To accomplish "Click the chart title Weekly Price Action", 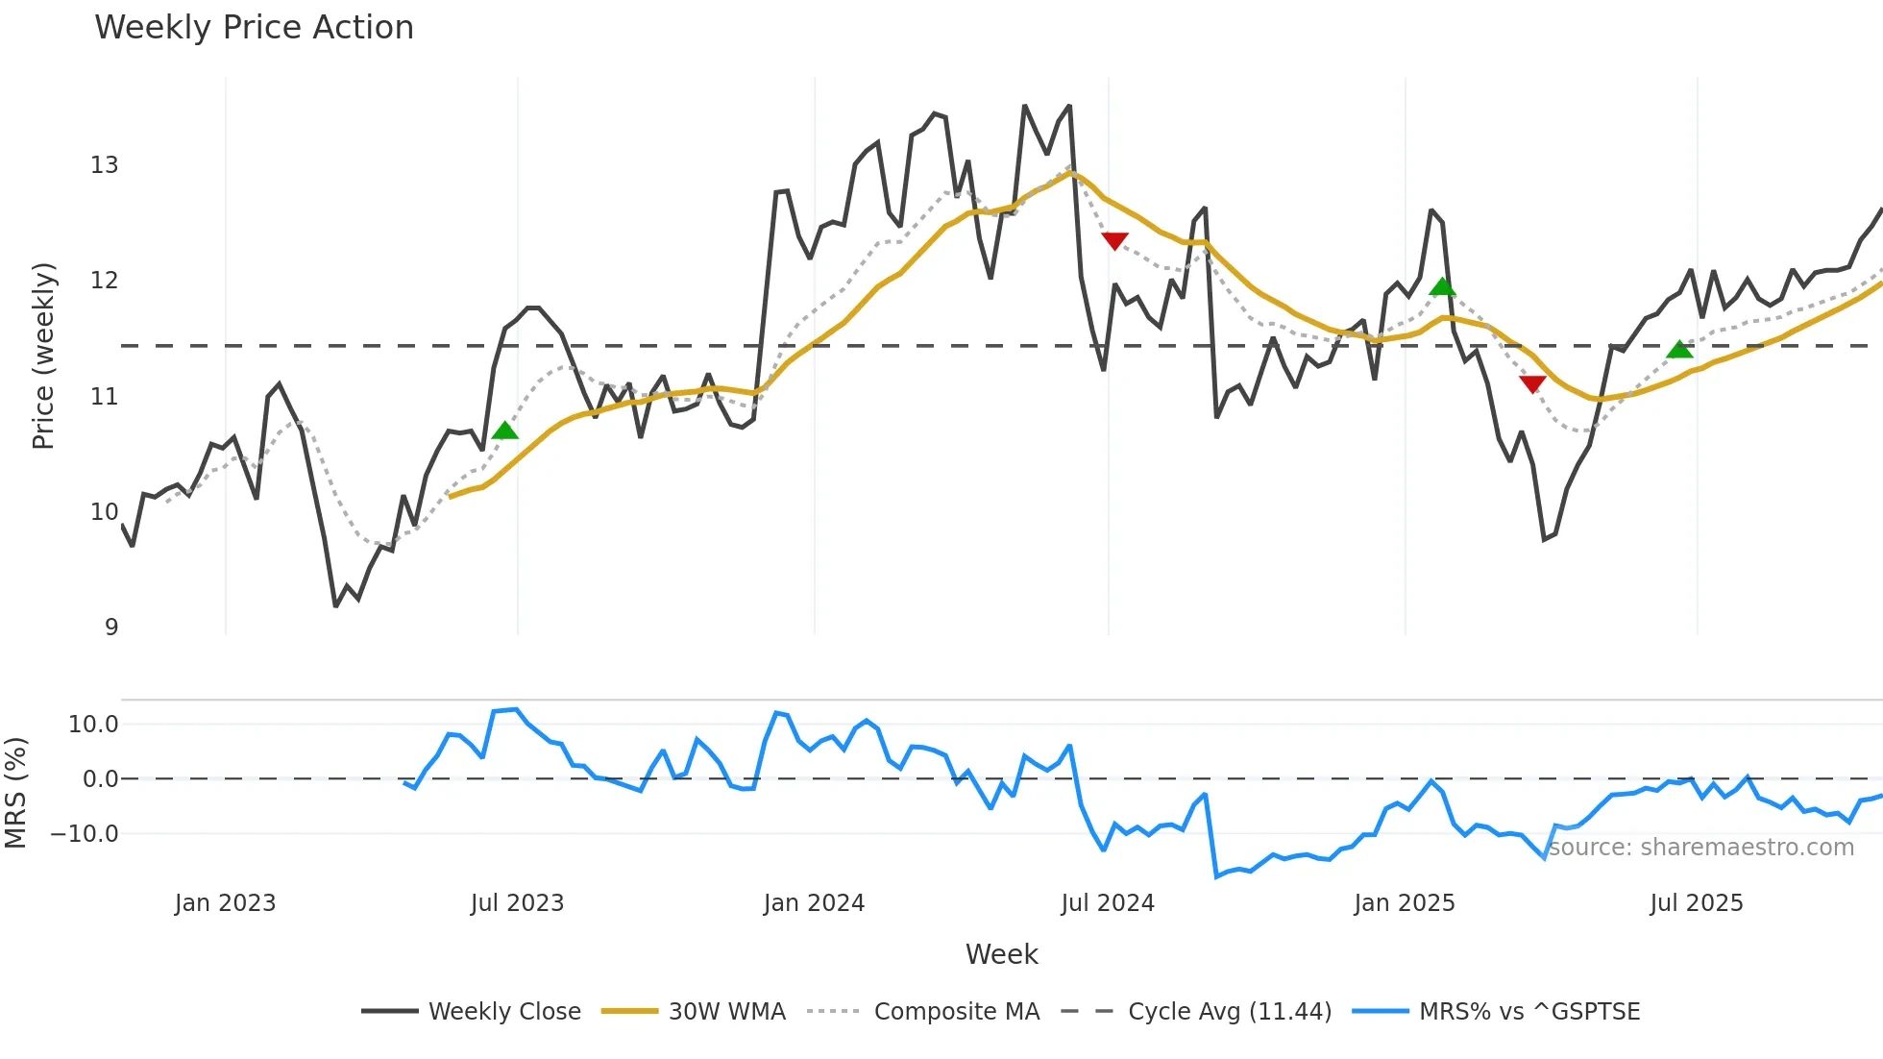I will click(254, 28).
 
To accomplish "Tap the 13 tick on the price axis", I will click(104, 165).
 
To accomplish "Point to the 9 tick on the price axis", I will click(111, 628).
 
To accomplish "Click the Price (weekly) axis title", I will click(43, 356).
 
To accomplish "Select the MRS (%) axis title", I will click(15, 793).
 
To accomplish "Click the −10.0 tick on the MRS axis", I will click(85, 834).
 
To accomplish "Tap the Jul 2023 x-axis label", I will click(517, 903).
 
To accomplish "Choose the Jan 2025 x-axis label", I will click(1404, 903).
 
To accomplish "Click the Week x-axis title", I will click(1001, 954).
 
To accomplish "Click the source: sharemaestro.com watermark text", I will click(1700, 848).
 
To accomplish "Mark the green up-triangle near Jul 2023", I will click(504, 431).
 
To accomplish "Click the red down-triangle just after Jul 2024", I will click(1114, 240).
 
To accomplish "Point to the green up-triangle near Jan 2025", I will click(1442, 287).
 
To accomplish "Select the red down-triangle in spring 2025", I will click(1532, 384).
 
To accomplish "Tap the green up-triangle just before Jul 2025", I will click(1679, 350).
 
